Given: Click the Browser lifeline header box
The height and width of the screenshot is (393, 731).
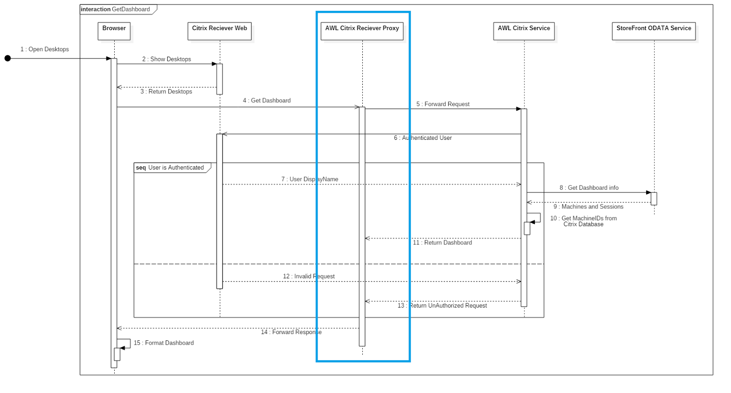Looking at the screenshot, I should click(114, 31).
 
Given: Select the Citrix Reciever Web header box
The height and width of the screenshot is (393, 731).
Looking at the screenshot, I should click(219, 31).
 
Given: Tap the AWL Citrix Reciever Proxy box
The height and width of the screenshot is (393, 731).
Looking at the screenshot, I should click(362, 31).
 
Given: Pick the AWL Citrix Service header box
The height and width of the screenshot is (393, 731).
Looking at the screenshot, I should click(524, 31).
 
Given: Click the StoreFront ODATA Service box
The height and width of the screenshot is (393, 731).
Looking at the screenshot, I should click(653, 31).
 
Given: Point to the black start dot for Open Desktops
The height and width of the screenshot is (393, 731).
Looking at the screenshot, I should click(8, 58).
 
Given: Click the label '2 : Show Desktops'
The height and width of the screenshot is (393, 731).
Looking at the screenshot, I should click(166, 59).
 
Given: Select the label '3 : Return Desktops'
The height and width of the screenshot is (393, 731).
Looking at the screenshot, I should click(166, 91).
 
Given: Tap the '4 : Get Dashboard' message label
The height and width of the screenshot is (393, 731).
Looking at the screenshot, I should click(266, 101).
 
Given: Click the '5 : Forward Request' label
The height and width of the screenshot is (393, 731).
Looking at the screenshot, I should click(443, 104).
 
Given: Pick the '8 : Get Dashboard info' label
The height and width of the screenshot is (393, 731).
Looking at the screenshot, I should click(589, 188).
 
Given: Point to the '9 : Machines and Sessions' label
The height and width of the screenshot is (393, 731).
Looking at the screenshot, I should click(588, 207).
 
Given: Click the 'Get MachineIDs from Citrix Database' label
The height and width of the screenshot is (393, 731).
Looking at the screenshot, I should click(583, 221).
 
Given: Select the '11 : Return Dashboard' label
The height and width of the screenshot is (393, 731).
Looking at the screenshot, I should click(442, 243).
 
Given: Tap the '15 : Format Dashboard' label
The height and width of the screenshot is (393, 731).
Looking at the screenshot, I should click(164, 343).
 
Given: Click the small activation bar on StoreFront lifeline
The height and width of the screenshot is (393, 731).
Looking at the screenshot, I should click(654, 198).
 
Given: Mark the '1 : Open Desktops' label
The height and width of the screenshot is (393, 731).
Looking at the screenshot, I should click(44, 49).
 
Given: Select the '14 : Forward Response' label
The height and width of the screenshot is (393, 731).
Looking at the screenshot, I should click(291, 332).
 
